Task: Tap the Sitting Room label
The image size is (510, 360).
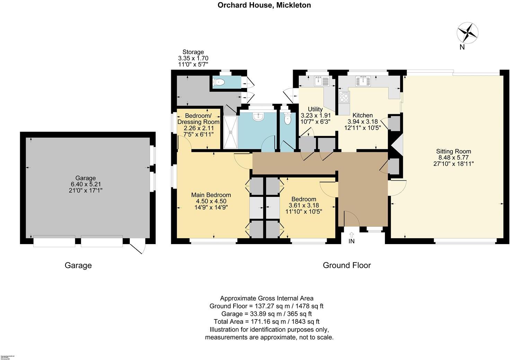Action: pos(453,151)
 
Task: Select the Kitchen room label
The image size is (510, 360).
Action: pos(362,115)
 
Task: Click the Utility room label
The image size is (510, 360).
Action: pos(315,109)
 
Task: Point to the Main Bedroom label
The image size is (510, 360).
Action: pos(211,195)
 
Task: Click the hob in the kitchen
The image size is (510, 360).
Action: pos(344,97)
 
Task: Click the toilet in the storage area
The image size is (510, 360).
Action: pos(219,82)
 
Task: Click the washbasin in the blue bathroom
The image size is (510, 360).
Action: pos(258,117)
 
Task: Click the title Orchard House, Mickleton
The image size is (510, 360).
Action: pos(264,5)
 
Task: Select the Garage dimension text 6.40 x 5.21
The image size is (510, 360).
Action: pos(86,184)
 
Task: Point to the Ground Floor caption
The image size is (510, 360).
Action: pos(346,265)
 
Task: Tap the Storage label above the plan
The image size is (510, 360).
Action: pos(193,52)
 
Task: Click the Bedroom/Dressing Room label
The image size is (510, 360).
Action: pos(198,119)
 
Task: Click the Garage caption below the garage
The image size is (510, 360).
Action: pos(78,265)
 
